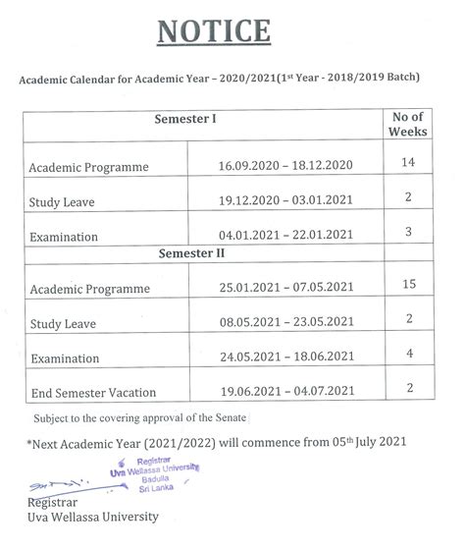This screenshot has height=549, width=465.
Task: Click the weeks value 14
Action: [408, 162]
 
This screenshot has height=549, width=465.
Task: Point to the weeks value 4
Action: [408, 353]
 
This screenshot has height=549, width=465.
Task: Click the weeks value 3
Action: [408, 232]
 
